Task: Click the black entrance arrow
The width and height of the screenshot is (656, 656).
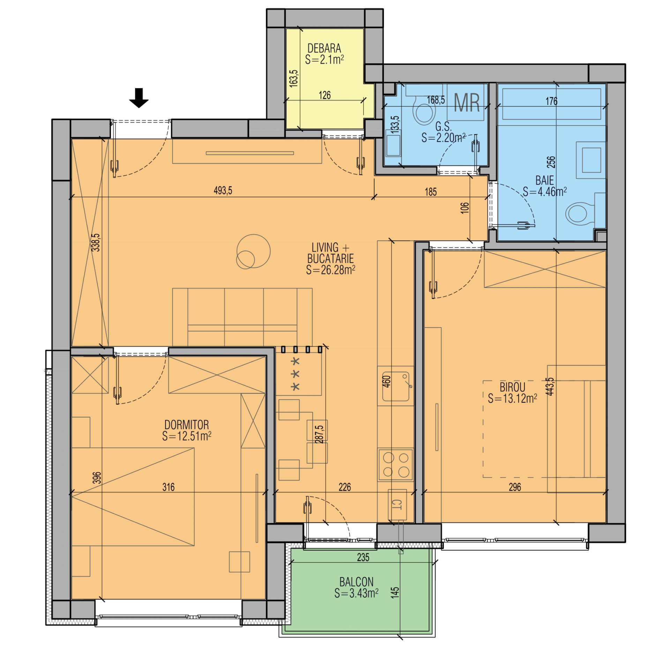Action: tap(139, 98)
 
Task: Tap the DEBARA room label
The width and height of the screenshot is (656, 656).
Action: tap(324, 48)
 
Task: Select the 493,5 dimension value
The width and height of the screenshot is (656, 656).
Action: tap(223, 191)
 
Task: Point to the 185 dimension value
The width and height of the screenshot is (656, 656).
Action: tap(431, 192)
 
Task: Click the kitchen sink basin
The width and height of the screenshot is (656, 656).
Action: tap(396, 386)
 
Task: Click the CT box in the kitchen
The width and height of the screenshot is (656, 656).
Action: tap(397, 505)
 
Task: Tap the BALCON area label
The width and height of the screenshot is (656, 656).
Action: tap(356, 582)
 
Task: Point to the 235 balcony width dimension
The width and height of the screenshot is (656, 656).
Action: tap(363, 557)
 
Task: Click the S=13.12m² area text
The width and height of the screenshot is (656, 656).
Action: tap(512, 398)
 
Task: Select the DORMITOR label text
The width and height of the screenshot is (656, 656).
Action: tap(187, 425)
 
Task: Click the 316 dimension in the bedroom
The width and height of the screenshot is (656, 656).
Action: tap(169, 487)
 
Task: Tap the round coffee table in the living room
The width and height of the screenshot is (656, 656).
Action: tap(253, 251)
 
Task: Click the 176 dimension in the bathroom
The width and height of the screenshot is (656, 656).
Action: tap(551, 101)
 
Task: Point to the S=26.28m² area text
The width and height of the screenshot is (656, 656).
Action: tap(330, 270)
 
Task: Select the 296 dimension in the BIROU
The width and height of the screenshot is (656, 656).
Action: tap(515, 487)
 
